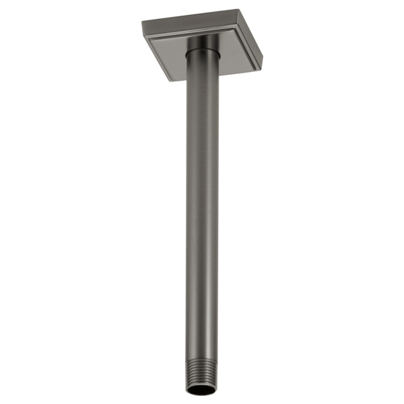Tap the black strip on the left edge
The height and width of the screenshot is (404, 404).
[x=67, y=202]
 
